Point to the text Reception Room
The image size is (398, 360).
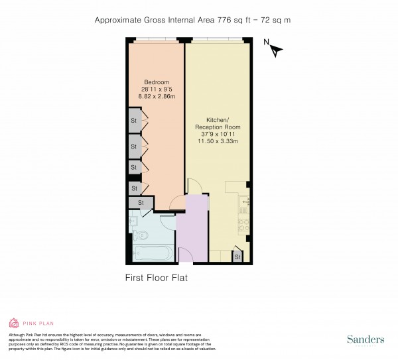pos(218,127)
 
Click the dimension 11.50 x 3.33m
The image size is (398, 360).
pos(218,141)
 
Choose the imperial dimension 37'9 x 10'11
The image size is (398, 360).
pos(218,134)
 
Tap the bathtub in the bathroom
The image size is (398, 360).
pos(152,253)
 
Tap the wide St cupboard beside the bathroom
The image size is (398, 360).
pos(141,203)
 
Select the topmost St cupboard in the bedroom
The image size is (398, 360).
pos(133,121)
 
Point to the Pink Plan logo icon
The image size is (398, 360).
pos(13,324)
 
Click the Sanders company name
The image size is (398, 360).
pos(366,339)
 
